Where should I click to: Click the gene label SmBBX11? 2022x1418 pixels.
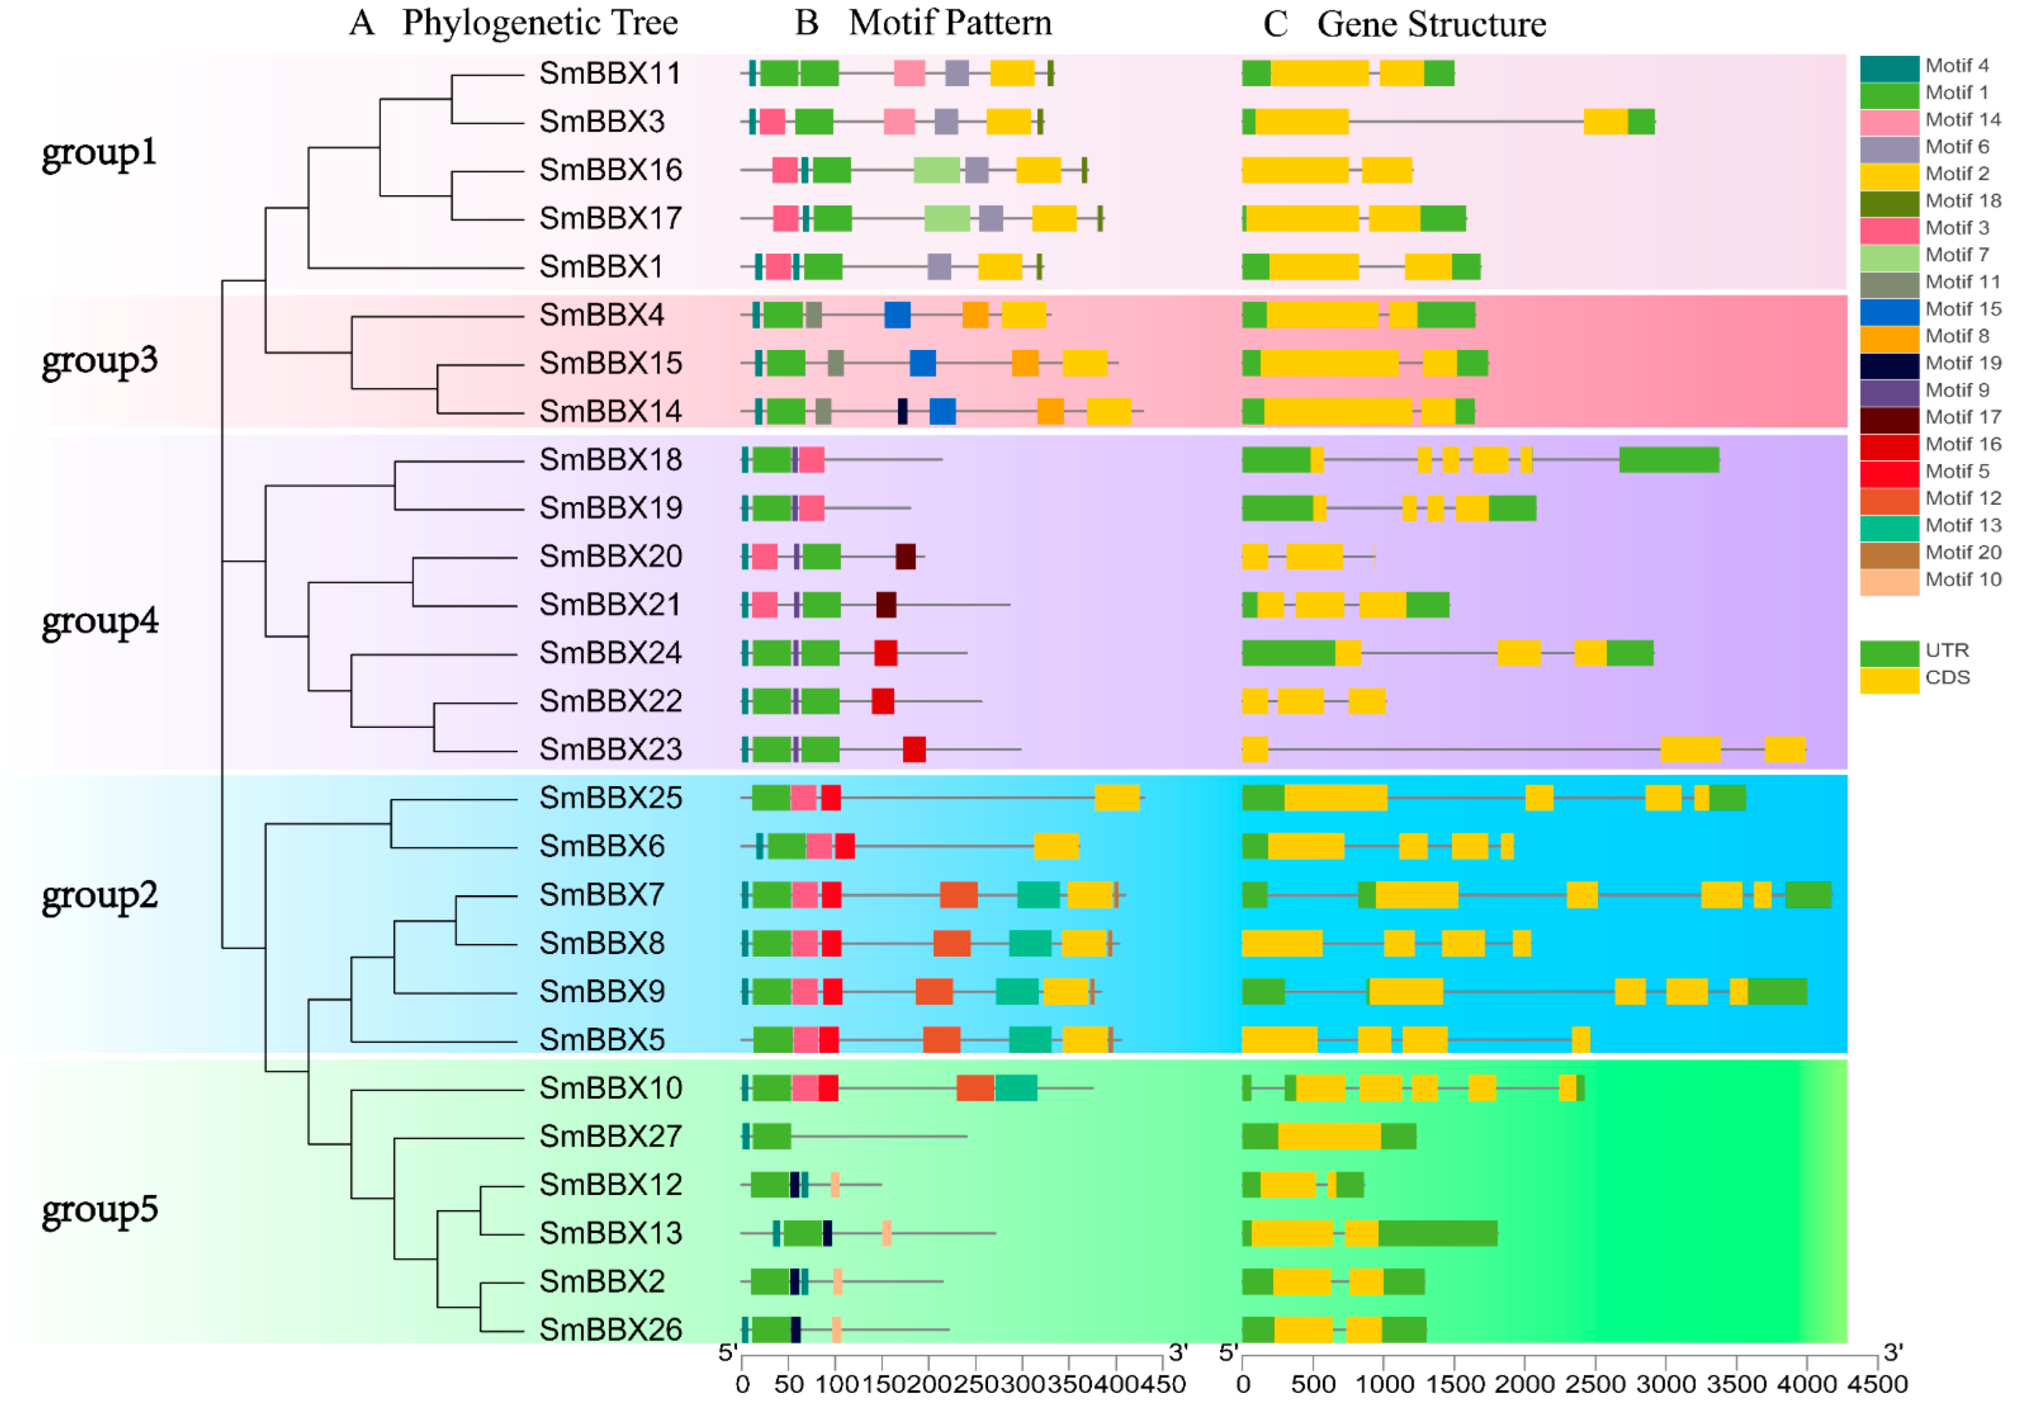(610, 73)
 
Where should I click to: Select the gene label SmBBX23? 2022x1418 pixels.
(610, 750)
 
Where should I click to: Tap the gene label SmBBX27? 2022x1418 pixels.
(610, 1136)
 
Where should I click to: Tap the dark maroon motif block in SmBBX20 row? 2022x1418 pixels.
(905, 557)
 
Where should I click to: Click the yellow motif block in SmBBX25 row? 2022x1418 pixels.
(1117, 798)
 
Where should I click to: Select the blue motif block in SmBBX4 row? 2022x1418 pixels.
(897, 314)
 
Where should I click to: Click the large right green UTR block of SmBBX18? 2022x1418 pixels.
(1669, 460)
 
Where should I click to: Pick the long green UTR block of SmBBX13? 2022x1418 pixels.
(1437, 1233)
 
